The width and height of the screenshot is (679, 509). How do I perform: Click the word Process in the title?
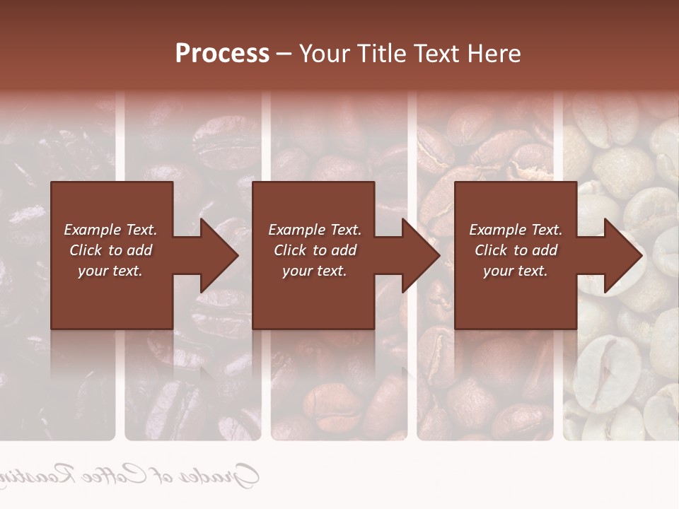[222, 54]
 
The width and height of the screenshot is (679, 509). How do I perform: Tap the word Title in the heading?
[380, 54]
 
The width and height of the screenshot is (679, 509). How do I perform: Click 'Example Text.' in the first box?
[110, 230]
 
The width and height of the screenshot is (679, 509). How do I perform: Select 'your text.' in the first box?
[110, 271]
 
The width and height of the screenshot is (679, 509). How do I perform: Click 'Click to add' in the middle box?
[315, 250]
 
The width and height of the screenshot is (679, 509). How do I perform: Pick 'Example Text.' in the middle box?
[315, 230]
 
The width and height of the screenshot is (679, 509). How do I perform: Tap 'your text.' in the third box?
[516, 271]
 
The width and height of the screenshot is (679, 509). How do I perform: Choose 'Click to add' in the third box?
[516, 250]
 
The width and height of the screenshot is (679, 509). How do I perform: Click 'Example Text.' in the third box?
[516, 230]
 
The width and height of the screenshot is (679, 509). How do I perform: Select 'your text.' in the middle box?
[315, 271]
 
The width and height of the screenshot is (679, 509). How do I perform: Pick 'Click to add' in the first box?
[110, 250]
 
